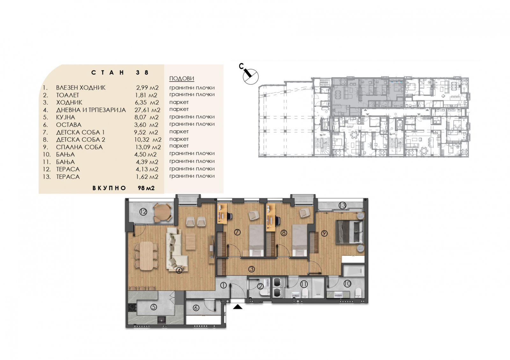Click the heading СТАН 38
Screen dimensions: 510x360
click(x=120, y=73)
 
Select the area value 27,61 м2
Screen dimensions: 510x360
click(x=147, y=110)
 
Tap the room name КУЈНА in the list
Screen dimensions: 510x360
click(x=66, y=117)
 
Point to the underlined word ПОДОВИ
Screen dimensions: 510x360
click(x=182, y=78)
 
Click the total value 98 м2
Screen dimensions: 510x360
click(x=146, y=188)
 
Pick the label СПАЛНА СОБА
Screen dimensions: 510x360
click(x=79, y=147)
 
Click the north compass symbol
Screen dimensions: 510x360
click(x=250, y=75)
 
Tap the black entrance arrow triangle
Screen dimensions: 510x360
click(x=238, y=307)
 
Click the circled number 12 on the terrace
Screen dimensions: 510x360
click(x=143, y=212)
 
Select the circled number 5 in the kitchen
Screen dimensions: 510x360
click(x=154, y=307)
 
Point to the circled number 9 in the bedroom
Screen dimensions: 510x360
click(x=324, y=233)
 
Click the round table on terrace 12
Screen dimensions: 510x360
click(x=163, y=212)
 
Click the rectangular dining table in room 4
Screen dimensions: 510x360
click(x=146, y=256)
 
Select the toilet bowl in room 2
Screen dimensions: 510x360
click(x=265, y=292)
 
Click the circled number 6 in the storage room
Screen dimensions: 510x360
click(x=196, y=308)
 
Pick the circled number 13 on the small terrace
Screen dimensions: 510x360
click(x=342, y=205)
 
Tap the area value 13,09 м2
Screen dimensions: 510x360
click(x=148, y=147)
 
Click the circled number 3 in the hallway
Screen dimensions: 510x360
click(x=251, y=269)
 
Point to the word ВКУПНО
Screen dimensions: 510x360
click(x=109, y=188)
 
